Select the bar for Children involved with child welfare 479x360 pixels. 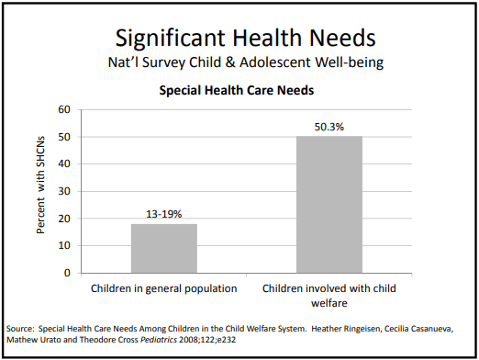(x=329, y=204)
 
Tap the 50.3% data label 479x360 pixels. (x=329, y=128)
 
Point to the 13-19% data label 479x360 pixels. (x=163, y=214)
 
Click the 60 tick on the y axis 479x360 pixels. (x=64, y=109)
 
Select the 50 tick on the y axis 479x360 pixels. (x=64, y=137)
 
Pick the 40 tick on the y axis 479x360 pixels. (x=64, y=164)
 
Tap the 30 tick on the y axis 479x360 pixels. (x=64, y=191)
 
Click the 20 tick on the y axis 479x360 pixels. (x=64, y=219)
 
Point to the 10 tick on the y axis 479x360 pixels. (x=64, y=245)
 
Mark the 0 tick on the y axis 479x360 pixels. (x=67, y=273)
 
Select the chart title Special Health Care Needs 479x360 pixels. (x=237, y=91)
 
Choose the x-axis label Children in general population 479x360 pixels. (x=163, y=287)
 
